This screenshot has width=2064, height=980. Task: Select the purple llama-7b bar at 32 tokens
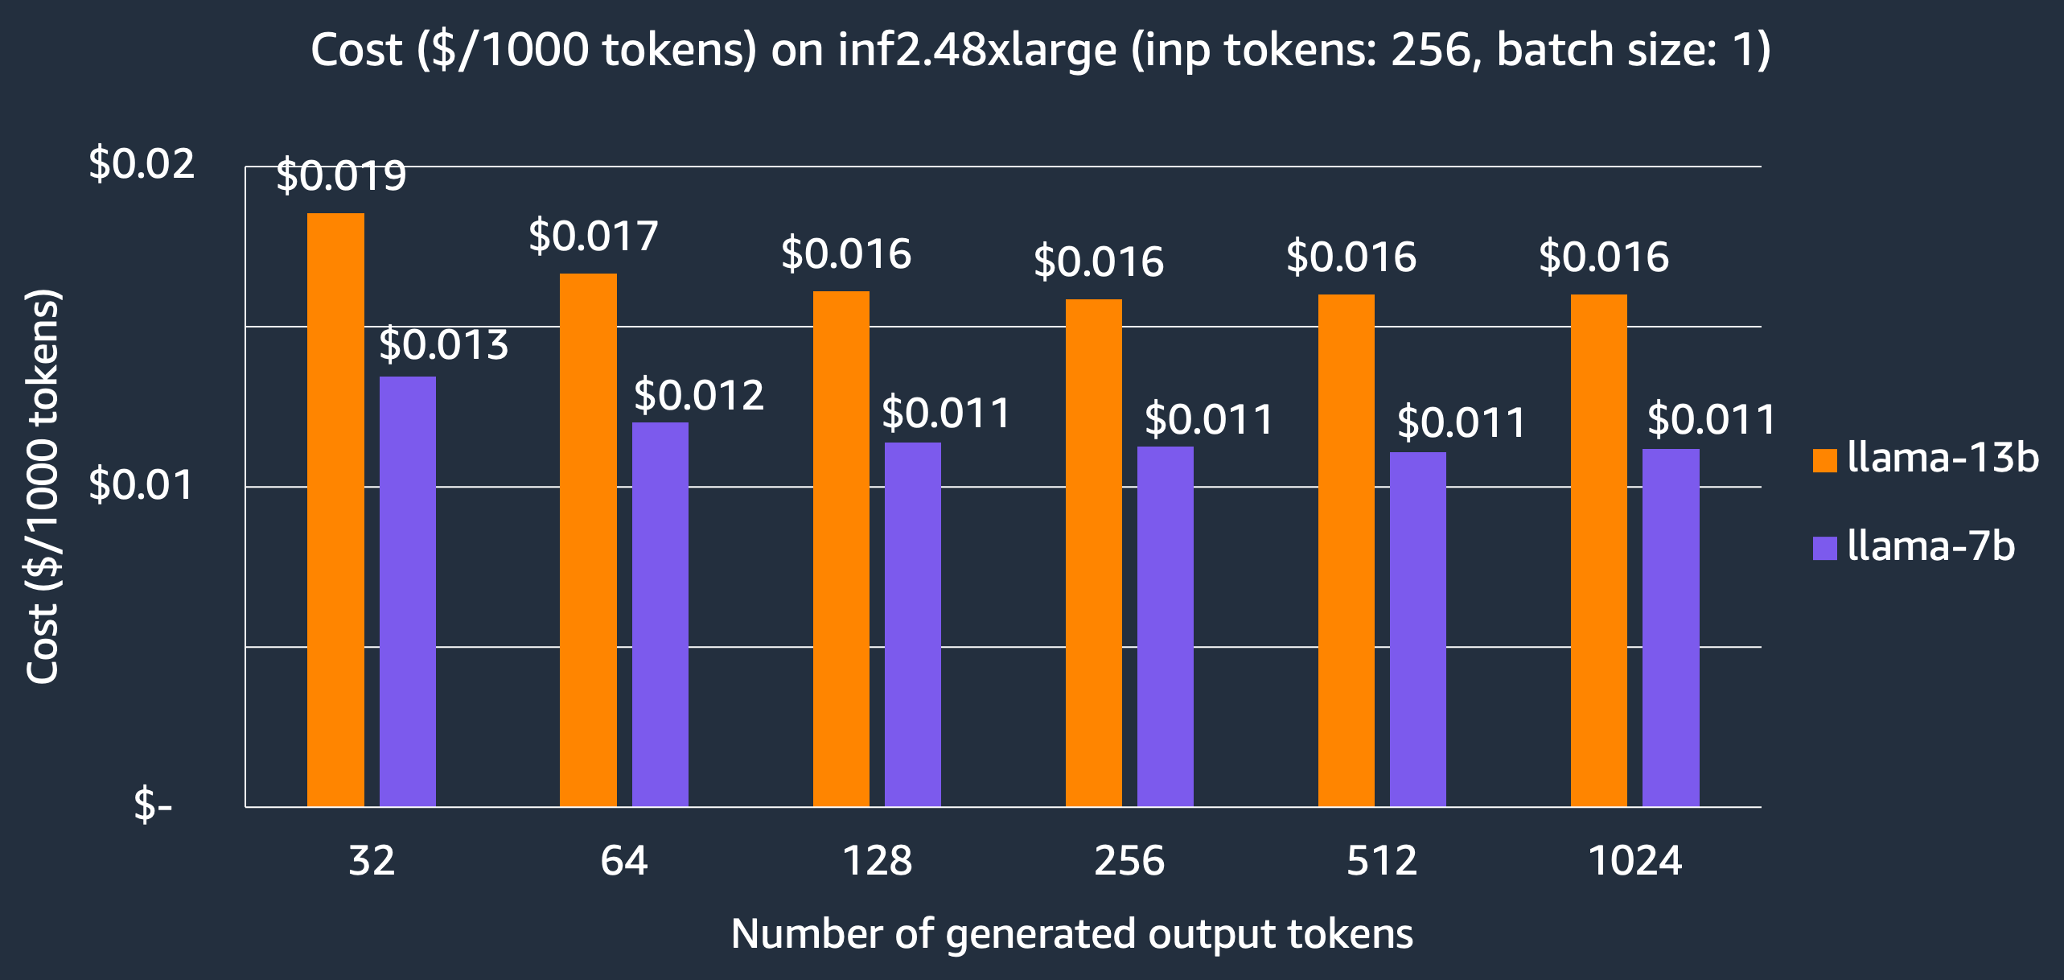click(408, 591)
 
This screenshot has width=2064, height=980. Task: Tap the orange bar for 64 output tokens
click(588, 540)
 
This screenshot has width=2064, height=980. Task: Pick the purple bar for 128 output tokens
click(913, 624)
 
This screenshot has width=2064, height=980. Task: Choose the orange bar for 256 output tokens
click(1094, 553)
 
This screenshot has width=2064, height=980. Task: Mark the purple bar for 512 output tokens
click(1418, 629)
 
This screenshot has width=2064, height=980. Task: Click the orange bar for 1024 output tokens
click(1599, 550)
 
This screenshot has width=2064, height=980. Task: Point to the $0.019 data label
click(341, 176)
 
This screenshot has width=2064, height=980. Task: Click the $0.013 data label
click(444, 345)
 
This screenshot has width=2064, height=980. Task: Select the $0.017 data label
click(594, 237)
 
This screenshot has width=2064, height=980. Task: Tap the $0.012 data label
click(699, 396)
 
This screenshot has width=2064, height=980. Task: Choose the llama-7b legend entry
click(1914, 547)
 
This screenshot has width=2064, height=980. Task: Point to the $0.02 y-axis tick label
click(142, 164)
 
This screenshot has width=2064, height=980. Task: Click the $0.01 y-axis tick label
click(142, 485)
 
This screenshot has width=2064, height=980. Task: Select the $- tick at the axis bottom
click(153, 805)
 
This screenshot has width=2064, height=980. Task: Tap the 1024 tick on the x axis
click(1635, 861)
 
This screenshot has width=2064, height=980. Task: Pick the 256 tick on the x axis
click(1129, 861)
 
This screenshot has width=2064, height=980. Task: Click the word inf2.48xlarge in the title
click(977, 50)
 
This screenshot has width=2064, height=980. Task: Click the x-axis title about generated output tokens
click(1071, 934)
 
